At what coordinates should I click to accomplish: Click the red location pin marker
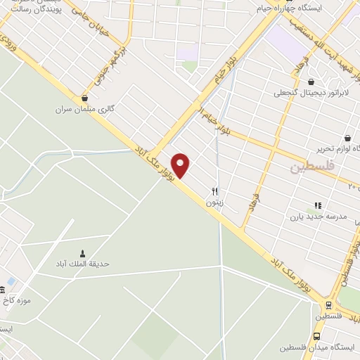click(x=181, y=165)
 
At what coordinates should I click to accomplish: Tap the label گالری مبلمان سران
click(x=85, y=110)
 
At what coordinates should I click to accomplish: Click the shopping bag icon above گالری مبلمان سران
click(x=85, y=98)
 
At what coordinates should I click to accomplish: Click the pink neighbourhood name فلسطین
click(x=309, y=169)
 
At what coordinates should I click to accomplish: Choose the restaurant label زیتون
click(x=215, y=202)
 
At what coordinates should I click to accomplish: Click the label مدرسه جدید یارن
click(x=319, y=217)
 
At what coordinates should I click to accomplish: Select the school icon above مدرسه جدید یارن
click(x=318, y=205)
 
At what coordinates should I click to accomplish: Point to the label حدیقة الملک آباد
click(x=83, y=264)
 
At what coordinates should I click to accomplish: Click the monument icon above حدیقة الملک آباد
click(x=83, y=253)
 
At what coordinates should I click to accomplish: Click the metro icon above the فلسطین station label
click(x=328, y=305)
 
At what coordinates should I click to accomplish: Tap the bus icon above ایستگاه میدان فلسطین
click(x=317, y=336)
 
